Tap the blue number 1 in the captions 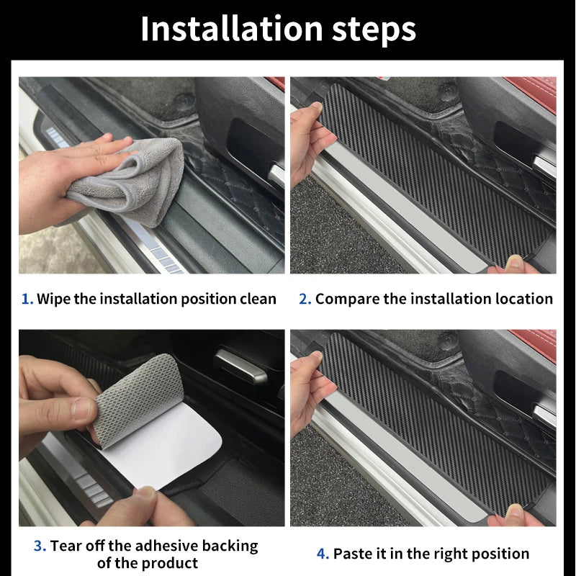coord(27,299)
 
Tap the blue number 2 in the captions coord(305,299)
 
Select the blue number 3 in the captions coord(40,546)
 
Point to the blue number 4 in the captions coord(323,554)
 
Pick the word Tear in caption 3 coord(66,546)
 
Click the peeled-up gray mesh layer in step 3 coord(137,396)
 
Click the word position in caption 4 coord(497,554)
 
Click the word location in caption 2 coord(521,299)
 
